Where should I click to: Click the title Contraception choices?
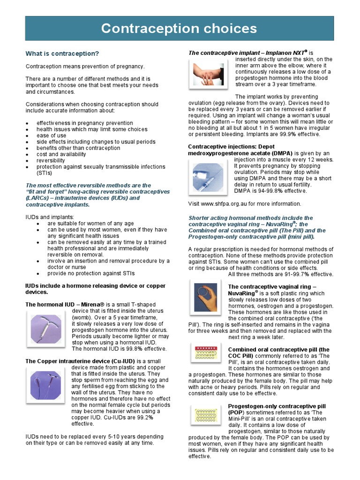pyautogui.click(x=180, y=29)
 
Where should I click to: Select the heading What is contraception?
pyautogui.click(x=62, y=53)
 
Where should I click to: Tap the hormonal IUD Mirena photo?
pyautogui.click(x=46, y=328)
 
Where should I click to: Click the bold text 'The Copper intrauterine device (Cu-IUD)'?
pyautogui.click(x=80, y=361)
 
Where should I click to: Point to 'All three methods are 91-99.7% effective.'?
pyautogui.click(x=280, y=274)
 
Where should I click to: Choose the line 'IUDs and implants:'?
pyautogui.click(x=49, y=217)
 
